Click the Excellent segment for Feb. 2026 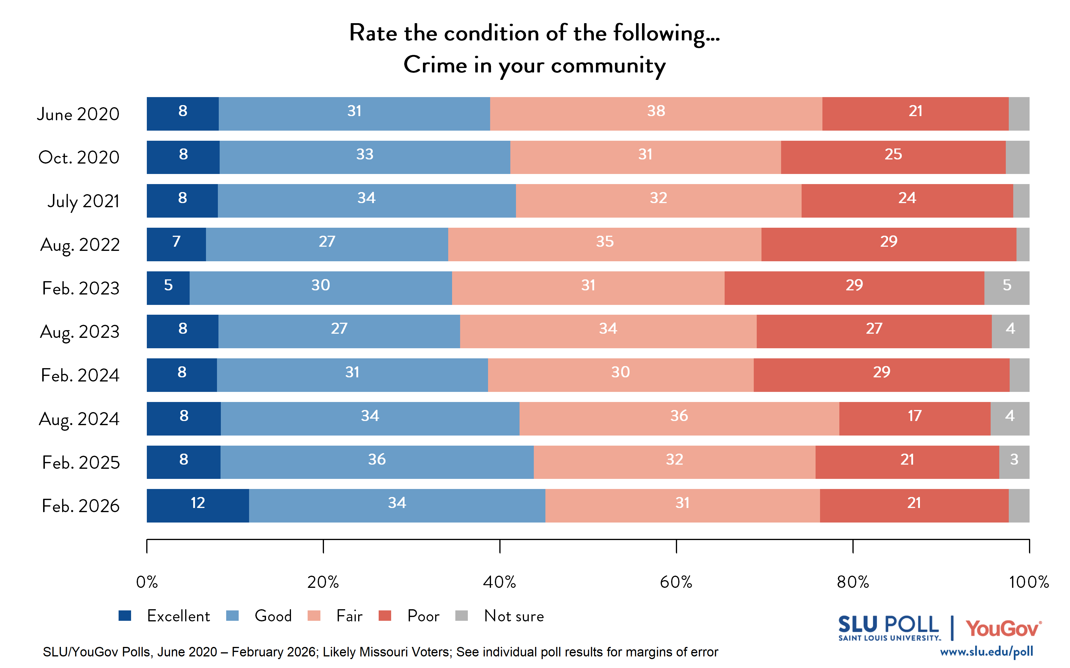(198, 505)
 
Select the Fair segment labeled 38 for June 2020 (656, 113)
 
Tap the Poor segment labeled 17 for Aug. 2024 (914, 418)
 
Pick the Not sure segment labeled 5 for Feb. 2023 (1006, 288)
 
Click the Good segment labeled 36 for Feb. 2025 (377, 462)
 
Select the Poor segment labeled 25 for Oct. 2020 (893, 157)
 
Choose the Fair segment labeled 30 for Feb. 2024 (620, 375)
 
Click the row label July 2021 (83, 201)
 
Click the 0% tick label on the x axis (147, 582)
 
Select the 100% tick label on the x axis (1028, 582)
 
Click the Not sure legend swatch (462, 615)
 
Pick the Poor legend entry (423, 615)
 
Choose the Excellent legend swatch (125, 615)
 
